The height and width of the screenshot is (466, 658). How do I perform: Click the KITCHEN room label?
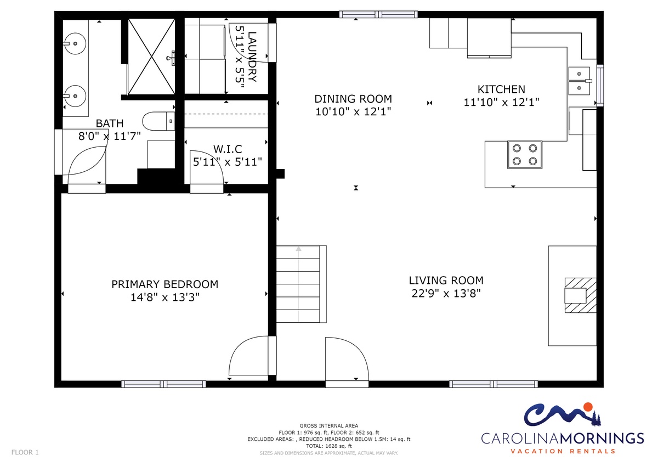(x=501, y=89)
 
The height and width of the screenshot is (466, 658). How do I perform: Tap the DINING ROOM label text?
(x=353, y=99)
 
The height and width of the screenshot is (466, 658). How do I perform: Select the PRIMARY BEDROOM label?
(x=165, y=284)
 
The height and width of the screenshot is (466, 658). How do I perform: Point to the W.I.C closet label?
(x=228, y=149)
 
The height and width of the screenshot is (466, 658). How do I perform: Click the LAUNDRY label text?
(x=252, y=57)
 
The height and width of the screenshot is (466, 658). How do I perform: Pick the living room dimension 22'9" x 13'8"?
(x=446, y=294)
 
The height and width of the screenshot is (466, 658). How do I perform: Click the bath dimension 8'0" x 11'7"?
(x=110, y=136)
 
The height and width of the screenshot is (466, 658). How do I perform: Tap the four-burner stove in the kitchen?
(x=525, y=155)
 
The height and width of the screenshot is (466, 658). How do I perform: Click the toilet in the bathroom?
(x=158, y=121)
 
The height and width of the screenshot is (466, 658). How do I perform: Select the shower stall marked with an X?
(x=151, y=57)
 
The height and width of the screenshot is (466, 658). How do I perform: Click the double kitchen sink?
(x=579, y=81)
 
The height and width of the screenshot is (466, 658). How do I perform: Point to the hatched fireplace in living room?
(x=581, y=295)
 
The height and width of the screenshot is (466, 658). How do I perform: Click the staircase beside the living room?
(x=302, y=284)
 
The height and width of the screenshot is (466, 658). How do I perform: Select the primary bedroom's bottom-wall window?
(x=163, y=384)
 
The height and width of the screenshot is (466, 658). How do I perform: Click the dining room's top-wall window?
(x=378, y=14)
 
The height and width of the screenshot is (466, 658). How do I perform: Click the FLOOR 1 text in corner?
(x=25, y=452)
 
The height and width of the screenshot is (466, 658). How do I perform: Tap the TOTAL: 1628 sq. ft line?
(x=328, y=446)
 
